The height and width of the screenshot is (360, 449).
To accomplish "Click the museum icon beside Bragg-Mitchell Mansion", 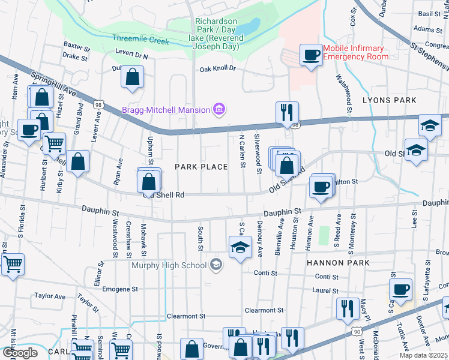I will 220,109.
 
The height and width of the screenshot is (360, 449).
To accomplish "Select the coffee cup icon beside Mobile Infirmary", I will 311,56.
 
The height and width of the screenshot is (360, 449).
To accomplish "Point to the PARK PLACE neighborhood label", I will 201,167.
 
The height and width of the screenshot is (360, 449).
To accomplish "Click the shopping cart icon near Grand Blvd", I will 54,143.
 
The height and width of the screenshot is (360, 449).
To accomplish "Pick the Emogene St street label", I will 119,289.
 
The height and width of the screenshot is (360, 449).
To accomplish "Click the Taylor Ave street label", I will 50,296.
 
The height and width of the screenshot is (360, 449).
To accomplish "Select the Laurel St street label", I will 326,291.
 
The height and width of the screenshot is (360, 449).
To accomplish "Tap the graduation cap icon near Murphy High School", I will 240,247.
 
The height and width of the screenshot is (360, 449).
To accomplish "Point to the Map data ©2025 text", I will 423,355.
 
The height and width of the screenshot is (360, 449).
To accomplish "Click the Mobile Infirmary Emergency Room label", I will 356,53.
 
